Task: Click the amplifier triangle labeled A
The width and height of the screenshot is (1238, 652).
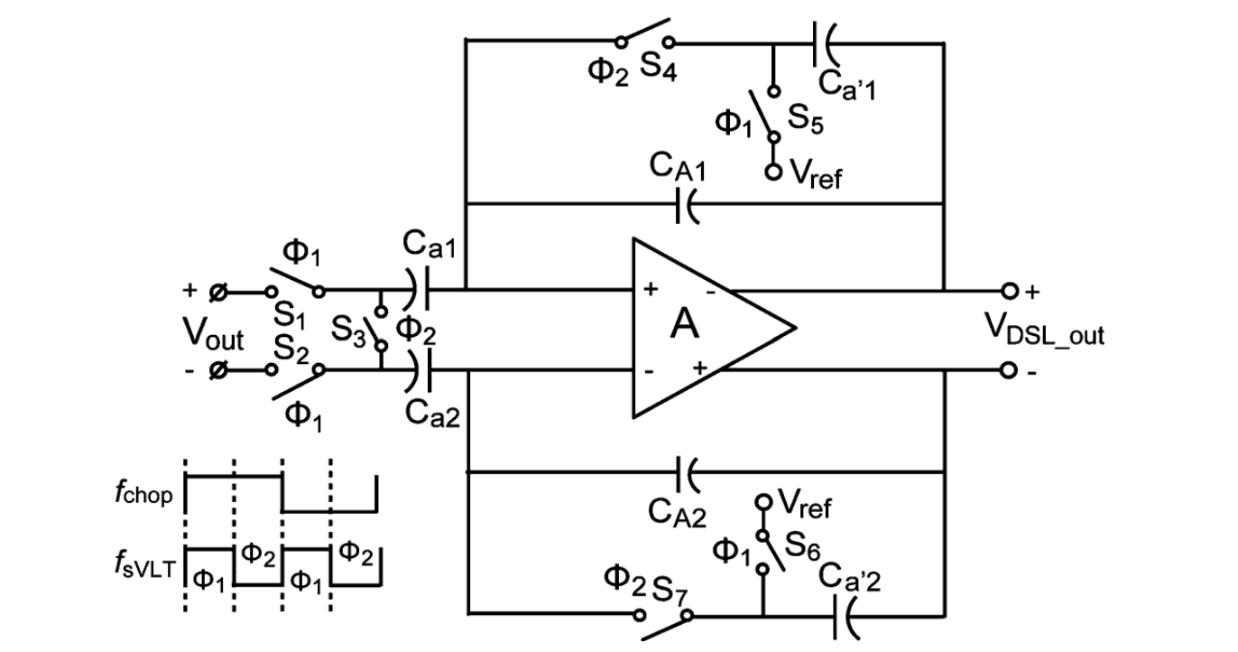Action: pyautogui.click(x=695, y=328)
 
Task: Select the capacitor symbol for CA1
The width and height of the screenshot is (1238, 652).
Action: pyautogui.click(x=688, y=205)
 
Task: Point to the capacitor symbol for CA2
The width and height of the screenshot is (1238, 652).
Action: pyautogui.click(x=688, y=471)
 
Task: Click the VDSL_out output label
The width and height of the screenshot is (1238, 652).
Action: pyautogui.click(x=1045, y=336)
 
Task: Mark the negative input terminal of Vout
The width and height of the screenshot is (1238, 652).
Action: pyautogui.click(x=217, y=370)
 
